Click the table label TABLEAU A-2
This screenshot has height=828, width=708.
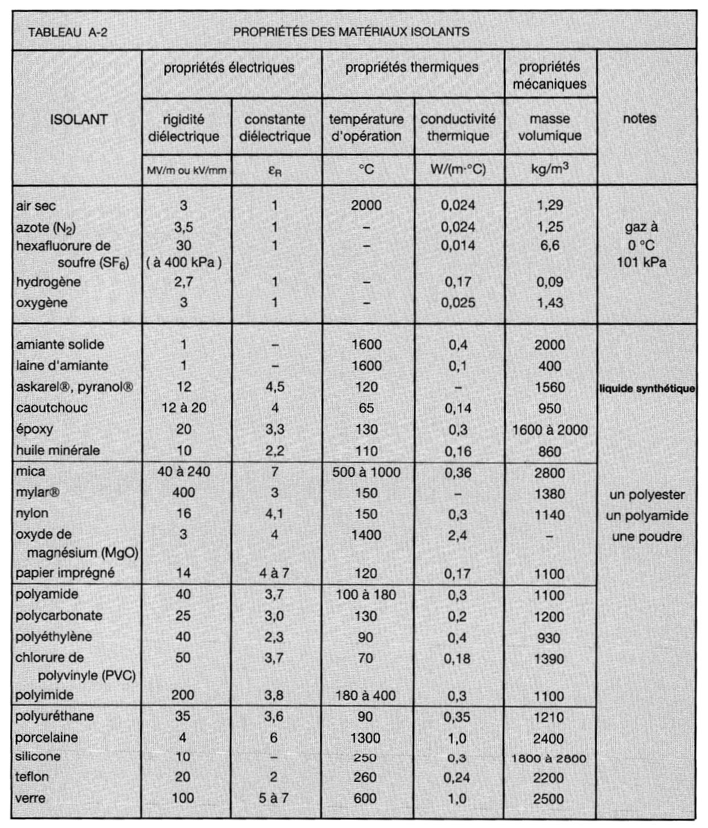[68, 32]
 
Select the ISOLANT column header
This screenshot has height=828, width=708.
[79, 120]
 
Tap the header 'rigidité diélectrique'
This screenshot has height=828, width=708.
[183, 128]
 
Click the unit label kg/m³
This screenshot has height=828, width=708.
[550, 169]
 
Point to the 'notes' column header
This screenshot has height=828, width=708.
[639, 119]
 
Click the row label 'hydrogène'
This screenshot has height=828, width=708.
[48, 282]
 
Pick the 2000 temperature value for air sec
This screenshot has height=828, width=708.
[366, 206]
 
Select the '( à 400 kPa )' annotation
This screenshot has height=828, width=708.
[183, 263]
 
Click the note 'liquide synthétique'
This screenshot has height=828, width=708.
[647, 389]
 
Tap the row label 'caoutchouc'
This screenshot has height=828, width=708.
[52, 408]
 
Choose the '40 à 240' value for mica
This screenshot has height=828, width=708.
[183, 472]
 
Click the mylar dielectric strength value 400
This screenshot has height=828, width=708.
[183, 493]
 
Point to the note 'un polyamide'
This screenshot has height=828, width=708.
[647, 516]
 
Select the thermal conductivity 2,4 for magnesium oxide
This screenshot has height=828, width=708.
[457, 536]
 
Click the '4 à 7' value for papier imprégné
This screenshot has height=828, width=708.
[274, 573]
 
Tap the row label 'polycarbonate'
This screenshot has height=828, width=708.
[59, 616]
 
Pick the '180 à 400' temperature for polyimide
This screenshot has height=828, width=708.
[366, 695]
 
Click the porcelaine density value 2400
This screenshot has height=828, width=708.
[549, 739]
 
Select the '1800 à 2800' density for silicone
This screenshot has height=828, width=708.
[549, 758]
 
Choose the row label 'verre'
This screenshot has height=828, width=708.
[30, 798]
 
